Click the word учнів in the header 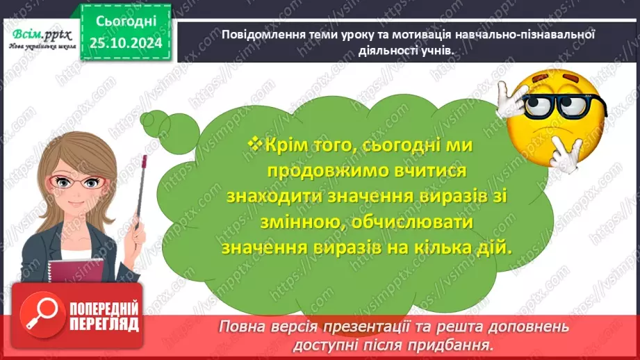436,49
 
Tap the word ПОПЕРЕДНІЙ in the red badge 102,309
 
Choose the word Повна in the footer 243,327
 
